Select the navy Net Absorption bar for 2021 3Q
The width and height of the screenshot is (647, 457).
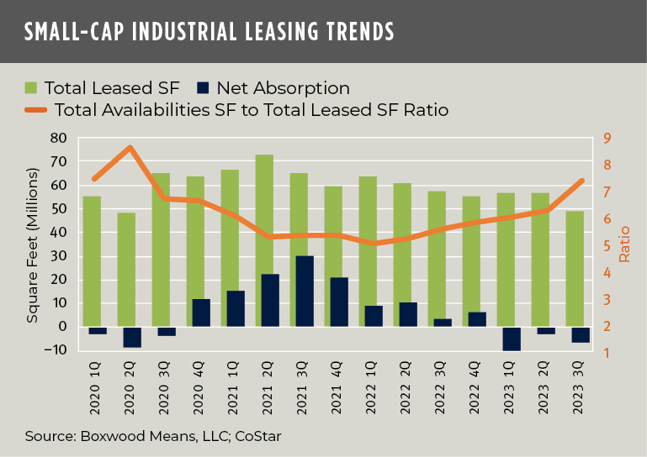(x=305, y=291)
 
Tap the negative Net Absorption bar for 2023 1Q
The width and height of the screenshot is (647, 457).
(x=512, y=339)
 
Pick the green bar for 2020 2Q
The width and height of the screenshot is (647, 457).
(x=126, y=269)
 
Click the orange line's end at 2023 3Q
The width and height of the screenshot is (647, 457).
(x=581, y=181)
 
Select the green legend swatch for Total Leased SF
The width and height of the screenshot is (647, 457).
(x=31, y=87)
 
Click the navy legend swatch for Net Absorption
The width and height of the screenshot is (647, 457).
(x=203, y=87)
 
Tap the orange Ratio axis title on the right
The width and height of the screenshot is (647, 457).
(x=624, y=244)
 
